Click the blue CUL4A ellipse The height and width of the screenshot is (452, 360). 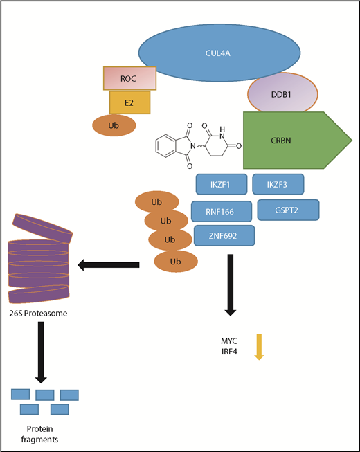point(219,53)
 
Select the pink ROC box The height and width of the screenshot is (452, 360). point(129,79)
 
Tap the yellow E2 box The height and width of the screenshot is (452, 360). point(129,102)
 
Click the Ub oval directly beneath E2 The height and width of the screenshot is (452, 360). point(114,125)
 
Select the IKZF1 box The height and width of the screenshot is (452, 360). point(220,185)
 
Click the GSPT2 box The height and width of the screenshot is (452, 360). point(288,210)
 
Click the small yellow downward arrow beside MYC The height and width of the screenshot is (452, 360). point(259,347)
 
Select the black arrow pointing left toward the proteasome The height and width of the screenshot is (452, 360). point(110,264)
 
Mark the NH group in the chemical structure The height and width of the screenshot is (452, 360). point(222,128)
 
